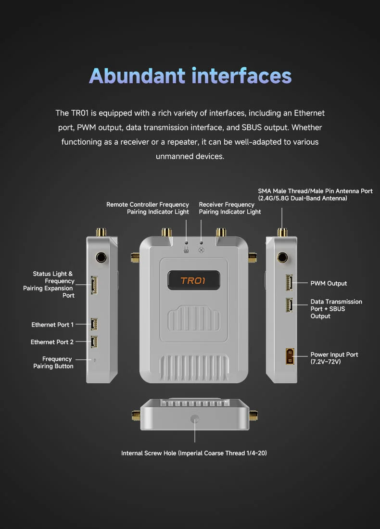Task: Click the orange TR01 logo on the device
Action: pyautogui.click(x=193, y=280)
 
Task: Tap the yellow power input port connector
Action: pyautogui.click(x=290, y=356)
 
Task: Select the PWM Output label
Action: pyautogui.click(x=329, y=283)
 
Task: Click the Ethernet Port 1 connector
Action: pyautogui.click(x=94, y=324)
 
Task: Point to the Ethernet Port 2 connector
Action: pyautogui.click(x=94, y=342)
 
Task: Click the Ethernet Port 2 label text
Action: pyautogui.click(x=52, y=342)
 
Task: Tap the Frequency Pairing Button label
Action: pyautogui.click(x=53, y=363)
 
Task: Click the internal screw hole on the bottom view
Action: pyautogui.click(x=195, y=419)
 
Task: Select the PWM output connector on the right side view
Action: pyautogui.click(x=289, y=282)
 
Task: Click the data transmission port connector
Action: pyautogui.click(x=289, y=305)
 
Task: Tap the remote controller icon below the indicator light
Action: pyautogui.click(x=186, y=250)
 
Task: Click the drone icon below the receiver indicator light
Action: pyautogui.click(x=201, y=250)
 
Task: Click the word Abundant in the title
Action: pyautogui.click(x=138, y=76)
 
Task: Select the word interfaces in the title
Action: pyautogui.click(x=242, y=76)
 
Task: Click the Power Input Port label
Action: pyautogui.click(x=334, y=358)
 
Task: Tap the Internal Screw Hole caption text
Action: pyautogui.click(x=194, y=453)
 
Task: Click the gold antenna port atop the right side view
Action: pyautogui.click(x=282, y=232)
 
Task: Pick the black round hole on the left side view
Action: pyautogui.click(x=101, y=258)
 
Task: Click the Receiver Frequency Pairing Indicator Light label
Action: pyautogui.click(x=230, y=208)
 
